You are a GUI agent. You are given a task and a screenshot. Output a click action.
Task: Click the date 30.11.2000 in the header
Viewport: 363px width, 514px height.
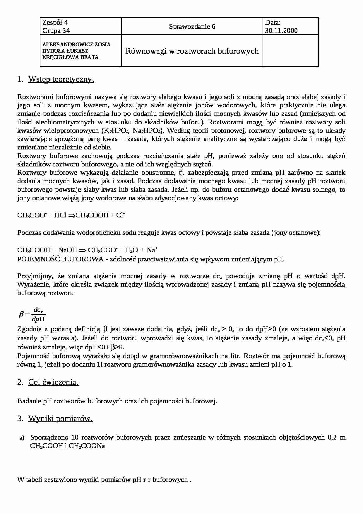pyautogui.click(x=281, y=31)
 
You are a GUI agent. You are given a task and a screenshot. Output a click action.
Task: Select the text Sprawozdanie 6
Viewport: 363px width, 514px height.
pyautogui.click(x=192, y=27)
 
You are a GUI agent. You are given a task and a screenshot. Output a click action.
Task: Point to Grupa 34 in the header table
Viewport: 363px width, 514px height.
pyautogui.click(x=56, y=31)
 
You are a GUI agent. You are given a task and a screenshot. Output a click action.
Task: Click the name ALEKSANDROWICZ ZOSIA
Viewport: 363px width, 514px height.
pyautogui.click(x=76, y=45)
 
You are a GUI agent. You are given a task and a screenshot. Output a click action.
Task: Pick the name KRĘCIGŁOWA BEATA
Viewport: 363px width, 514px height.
pyautogui.click(x=70, y=57)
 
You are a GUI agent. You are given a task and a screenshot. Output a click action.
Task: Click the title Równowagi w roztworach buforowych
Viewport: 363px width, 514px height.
pyautogui.click(x=192, y=51)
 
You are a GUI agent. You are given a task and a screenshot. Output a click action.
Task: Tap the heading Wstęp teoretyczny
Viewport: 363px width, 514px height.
pyautogui.click(x=61, y=79)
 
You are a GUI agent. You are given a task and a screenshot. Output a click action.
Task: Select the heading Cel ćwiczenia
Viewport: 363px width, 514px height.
pyautogui.click(x=53, y=382)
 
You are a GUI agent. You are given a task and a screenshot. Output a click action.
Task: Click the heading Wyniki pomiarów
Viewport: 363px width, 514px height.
pyautogui.click(x=60, y=419)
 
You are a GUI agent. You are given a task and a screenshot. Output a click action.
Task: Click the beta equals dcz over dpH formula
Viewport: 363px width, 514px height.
pyautogui.click(x=32, y=315)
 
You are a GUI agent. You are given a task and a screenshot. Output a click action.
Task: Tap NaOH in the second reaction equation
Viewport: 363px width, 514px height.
pyautogui.click(x=68, y=250)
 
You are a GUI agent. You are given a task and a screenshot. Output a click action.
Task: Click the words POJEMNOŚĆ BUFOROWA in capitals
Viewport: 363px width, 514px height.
pyautogui.click(x=60, y=259)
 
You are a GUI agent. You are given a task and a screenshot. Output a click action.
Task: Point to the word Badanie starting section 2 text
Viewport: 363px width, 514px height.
pyautogui.click(x=29, y=401)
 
